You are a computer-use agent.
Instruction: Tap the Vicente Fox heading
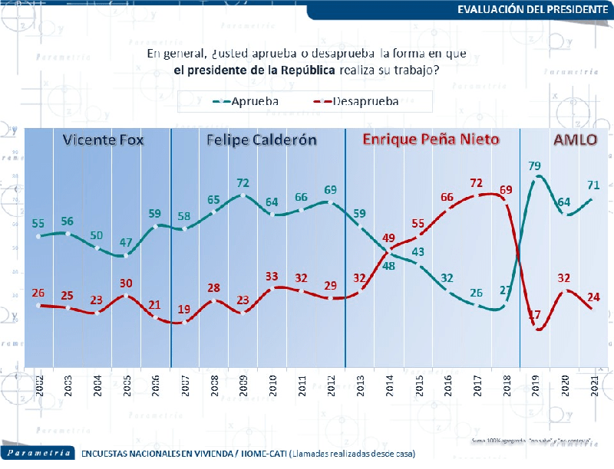click(x=103, y=140)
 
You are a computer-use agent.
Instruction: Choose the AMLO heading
click(x=576, y=140)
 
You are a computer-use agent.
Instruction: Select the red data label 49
click(x=388, y=238)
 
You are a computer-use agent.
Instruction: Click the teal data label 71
click(x=593, y=185)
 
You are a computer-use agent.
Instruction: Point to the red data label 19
click(x=185, y=309)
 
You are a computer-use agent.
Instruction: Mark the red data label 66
click(x=447, y=198)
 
